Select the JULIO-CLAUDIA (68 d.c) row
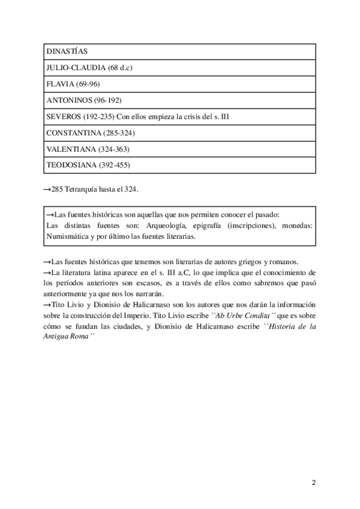coord(88,68)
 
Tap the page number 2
coord(314,483)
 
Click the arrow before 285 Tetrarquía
coord(47,190)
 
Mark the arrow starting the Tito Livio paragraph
coord(47,305)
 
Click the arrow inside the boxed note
coord(50,214)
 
